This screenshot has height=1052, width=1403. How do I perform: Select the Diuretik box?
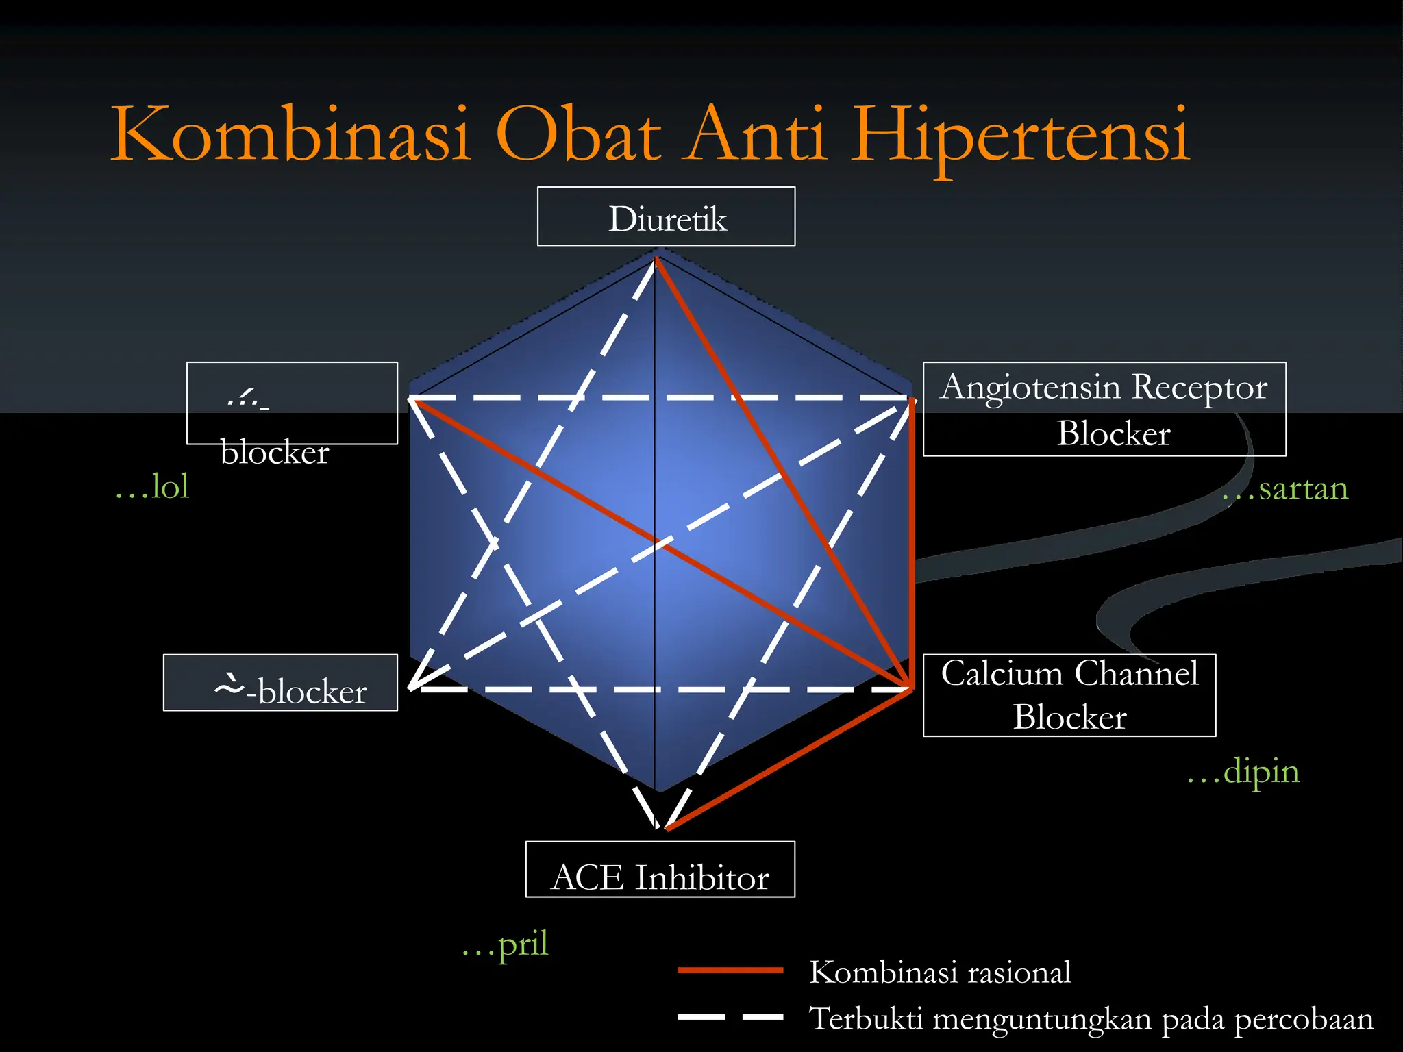(x=666, y=217)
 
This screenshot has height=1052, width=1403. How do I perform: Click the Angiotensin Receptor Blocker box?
(x=1104, y=409)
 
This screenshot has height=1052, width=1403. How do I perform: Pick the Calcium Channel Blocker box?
(x=1069, y=695)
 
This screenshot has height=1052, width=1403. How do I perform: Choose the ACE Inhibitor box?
(x=660, y=870)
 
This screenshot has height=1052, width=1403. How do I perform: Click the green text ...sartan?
(x=1286, y=489)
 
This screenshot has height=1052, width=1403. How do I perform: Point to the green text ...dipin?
(x=1243, y=772)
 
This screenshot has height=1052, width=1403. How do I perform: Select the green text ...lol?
(x=152, y=486)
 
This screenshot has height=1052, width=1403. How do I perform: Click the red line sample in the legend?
(x=730, y=970)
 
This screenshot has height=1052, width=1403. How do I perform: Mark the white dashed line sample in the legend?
(x=730, y=1017)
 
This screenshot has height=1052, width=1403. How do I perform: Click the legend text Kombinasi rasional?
(x=940, y=973)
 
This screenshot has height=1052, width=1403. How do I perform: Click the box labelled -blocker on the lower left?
(x=280, y=683)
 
